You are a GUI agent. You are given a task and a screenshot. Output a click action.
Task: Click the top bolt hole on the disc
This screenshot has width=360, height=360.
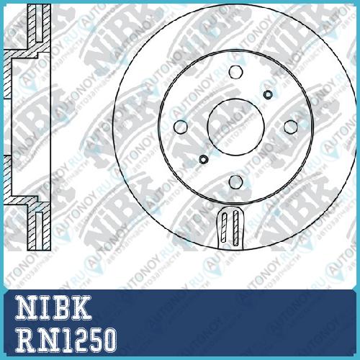tap(236, 71)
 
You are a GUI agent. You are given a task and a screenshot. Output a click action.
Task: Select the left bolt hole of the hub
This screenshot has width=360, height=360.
tap(181, 127)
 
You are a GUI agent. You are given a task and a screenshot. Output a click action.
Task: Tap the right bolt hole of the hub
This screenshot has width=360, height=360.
tap(291, 127)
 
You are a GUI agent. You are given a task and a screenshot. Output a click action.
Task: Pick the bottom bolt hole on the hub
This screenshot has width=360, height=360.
tap(236, 181)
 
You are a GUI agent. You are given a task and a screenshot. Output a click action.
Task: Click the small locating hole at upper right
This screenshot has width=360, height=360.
tap(268, 94)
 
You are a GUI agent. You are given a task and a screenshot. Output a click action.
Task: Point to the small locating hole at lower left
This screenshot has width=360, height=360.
tap(204, 159)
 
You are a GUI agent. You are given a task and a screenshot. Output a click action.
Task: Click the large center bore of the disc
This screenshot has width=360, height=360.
tap(236, 127)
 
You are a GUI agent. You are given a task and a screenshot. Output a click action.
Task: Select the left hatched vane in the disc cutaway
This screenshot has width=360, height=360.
tap(224, 228)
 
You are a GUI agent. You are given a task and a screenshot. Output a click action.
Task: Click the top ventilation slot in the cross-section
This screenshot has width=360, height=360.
tap(39, 23)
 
